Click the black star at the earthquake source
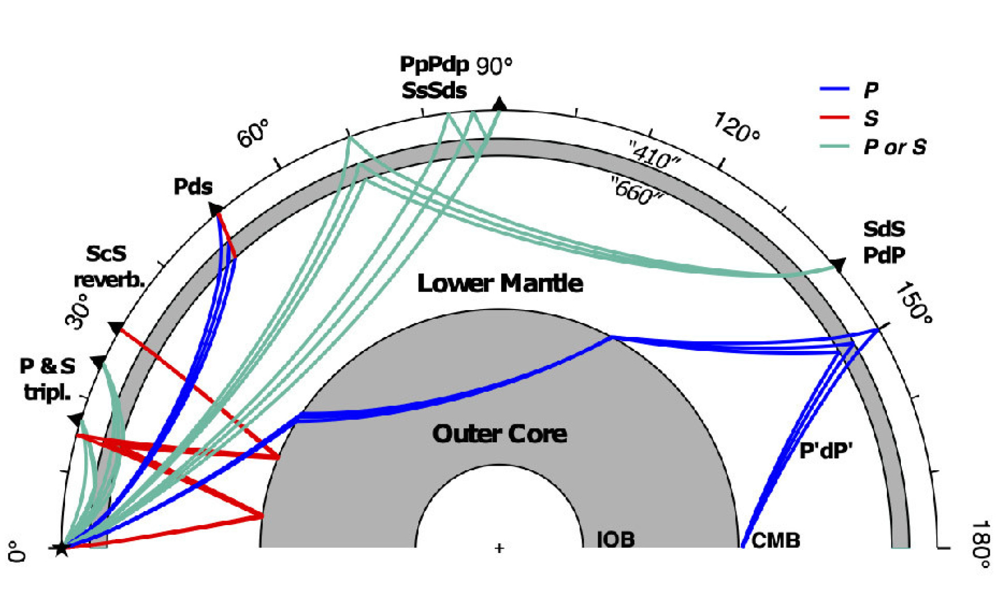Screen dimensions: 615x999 [61, 548]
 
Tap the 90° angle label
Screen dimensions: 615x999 [494, 66]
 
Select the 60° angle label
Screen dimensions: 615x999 [253, 133]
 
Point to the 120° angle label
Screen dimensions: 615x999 [737, 127]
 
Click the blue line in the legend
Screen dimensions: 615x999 [834, 89]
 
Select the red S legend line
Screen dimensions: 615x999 [834, 118]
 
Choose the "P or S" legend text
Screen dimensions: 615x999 [895, 147]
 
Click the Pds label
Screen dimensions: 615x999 [193, 187]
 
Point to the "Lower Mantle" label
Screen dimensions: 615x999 [499, 283]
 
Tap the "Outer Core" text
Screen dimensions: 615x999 [499, 434]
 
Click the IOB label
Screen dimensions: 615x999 [615, 540]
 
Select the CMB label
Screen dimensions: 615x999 [775, 541]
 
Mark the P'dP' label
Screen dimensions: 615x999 [825, 451]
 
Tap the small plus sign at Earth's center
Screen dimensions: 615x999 [499, 548]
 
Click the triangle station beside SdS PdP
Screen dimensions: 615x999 [838, 265]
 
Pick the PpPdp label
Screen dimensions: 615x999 [434, 65]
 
